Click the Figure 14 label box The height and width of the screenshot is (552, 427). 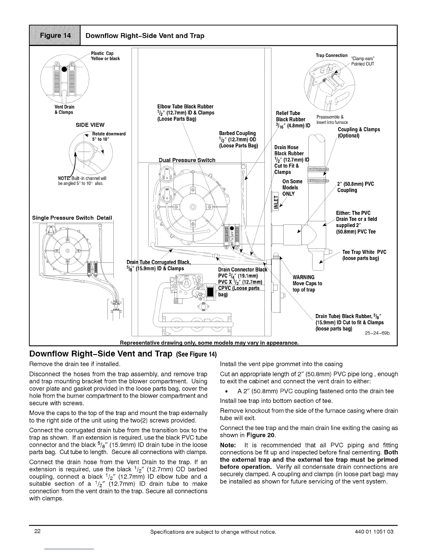[55, 36]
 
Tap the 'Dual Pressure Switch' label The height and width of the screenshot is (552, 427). [187, 160]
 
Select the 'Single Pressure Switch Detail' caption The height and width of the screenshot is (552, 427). [72, 218]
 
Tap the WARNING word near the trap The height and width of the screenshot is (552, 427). [304, 277]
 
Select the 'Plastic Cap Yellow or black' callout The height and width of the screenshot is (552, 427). [105, 56]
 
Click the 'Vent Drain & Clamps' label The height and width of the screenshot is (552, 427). [64, 109]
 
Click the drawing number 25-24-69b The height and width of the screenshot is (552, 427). [377, 333]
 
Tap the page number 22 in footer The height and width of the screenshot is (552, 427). [37, 532]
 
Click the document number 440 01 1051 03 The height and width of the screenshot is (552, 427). [373, 532]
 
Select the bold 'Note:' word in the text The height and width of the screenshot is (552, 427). [229, 445]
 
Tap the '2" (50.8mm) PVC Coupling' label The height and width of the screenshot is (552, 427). [355, 187]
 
